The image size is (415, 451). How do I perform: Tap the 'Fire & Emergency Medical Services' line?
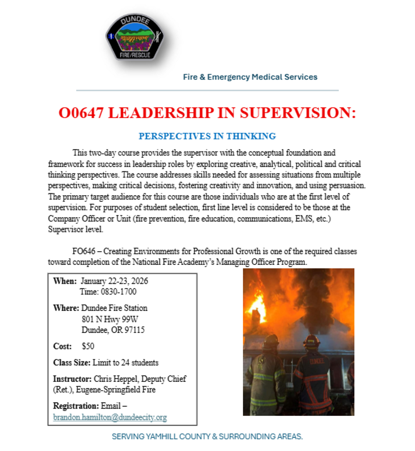click(x=250, y=77)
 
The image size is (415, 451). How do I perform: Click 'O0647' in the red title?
click(x=81, y=113)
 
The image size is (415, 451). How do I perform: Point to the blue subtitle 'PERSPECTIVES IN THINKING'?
click(x=207, y=136)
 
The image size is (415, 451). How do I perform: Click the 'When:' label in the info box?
click(x=65, y=281)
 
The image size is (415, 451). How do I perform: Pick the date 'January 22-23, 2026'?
click(x=115, y=281)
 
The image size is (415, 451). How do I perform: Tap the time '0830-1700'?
click(x=119, y=292)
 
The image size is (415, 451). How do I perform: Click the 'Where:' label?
click(x=66, y=308)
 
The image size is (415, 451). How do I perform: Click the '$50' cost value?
click(x=89, y=346)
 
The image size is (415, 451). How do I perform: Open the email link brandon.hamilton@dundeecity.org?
click(x=110, y=418)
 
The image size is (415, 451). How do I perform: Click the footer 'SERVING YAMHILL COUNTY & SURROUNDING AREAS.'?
click(x=207, y=437)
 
